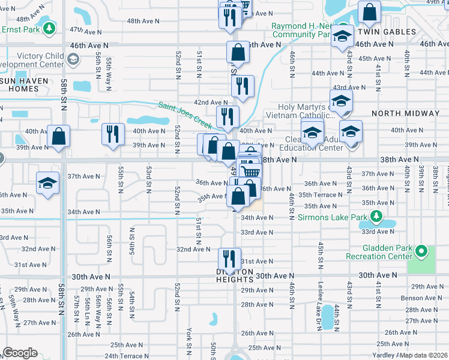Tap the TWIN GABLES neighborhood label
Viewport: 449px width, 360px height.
point(387,31)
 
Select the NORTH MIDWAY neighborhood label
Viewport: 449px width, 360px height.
point(402,113)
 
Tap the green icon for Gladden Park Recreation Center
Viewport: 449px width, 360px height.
point(421,251)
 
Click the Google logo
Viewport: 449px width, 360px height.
point(20,353)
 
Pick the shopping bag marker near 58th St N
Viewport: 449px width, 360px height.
point(59,137)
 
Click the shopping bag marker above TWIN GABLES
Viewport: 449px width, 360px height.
point(369,12)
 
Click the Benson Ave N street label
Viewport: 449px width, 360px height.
point(421,297)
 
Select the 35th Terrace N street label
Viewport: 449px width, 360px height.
point(322,194)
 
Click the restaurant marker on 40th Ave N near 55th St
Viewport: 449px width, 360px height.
point(113,135)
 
